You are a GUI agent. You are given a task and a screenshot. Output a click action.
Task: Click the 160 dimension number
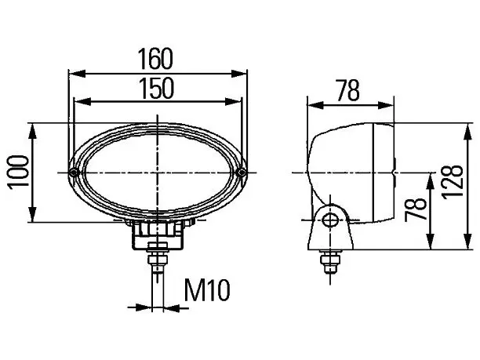155,59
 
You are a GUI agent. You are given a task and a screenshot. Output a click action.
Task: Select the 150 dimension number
156,89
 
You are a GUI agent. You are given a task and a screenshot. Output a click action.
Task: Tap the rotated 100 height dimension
19,173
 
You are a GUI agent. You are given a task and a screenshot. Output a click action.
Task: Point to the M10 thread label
207,290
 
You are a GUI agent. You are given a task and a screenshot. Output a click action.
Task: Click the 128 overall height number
452,183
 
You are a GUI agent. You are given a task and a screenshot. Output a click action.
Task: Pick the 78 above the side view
347,90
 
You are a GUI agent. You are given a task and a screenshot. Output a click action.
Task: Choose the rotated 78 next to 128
415,209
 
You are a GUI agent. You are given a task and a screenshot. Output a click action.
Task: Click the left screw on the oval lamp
74,173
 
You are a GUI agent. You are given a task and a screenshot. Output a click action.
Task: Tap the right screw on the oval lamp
242,173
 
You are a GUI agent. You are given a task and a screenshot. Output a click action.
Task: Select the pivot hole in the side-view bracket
330,220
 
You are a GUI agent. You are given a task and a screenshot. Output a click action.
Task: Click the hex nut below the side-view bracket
330,260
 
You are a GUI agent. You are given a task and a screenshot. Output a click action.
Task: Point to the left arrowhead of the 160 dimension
77,74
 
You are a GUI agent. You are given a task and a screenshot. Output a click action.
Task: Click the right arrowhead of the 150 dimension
233,102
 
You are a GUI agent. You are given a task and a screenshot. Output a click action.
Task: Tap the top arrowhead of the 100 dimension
33,131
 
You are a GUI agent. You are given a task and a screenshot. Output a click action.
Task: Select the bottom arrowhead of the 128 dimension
467,242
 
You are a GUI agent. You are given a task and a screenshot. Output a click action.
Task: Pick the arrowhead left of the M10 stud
144,307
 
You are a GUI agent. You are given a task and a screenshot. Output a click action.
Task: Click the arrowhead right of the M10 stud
172,307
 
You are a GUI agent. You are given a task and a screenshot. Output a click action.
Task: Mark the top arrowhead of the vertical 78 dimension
430,181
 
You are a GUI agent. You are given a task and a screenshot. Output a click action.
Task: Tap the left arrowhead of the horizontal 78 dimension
315,105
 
